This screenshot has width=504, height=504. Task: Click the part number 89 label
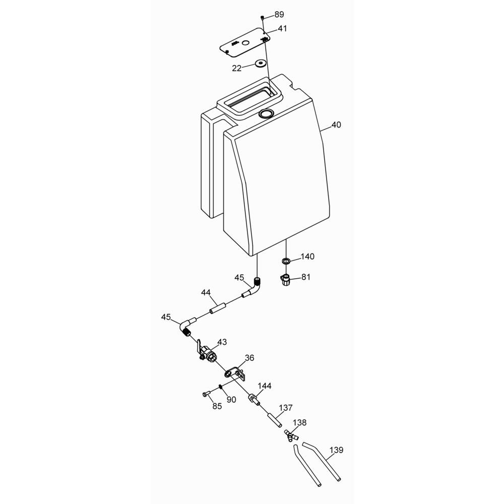click(279, 15)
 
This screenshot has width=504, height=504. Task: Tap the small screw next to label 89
click(263, 17)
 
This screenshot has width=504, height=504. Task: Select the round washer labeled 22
click(261, 64)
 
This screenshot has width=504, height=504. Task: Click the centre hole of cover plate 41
click(245, 43)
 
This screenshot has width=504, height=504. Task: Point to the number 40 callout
click(336, 124)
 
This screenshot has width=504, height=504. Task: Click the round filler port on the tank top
click(266, 113)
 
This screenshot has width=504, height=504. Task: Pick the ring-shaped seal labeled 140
click(285, 261)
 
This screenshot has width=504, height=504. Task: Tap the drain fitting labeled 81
click(285, 279)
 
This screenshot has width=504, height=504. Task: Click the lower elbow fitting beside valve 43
click(187, 327)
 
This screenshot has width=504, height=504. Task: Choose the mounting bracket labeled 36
click(235, 374)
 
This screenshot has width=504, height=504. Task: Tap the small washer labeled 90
click(221, 387)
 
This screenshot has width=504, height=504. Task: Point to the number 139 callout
click(336, 450)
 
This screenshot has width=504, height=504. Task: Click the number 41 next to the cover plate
click(282, 29)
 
